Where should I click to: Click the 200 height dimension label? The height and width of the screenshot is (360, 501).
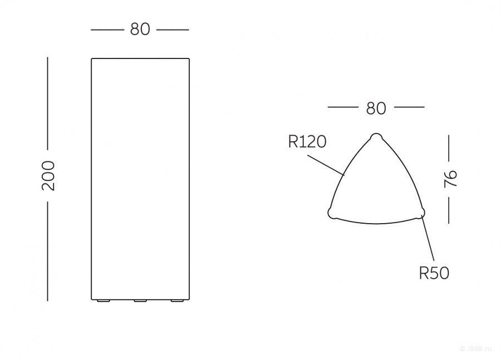(48, 176)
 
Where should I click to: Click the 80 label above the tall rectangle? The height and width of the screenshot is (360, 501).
(140, 29)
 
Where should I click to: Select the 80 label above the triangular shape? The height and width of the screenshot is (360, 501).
(376, 109)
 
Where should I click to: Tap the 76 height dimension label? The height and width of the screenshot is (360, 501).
(451, 179)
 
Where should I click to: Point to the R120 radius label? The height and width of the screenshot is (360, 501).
(307, 142)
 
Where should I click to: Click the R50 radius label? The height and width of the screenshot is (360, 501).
(434, 273)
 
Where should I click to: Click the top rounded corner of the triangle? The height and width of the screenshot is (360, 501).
(376, 137)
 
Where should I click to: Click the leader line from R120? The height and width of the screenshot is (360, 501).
(326, 165)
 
